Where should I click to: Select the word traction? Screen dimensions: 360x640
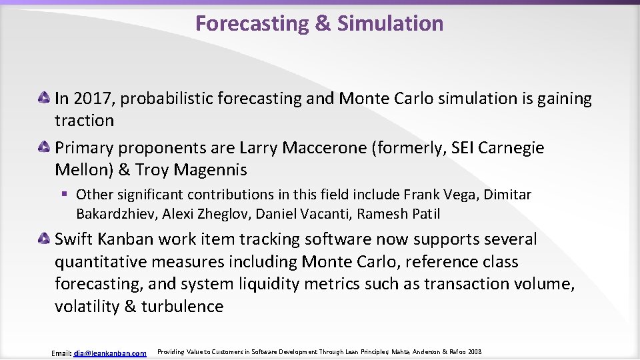pos(84,121)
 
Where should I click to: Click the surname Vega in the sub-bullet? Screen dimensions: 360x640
pos(459,195)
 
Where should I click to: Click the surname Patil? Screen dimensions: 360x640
pos(423,214)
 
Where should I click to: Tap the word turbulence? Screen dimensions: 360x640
pos(182,307)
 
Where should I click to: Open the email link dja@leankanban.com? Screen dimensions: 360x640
pos(110,353)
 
